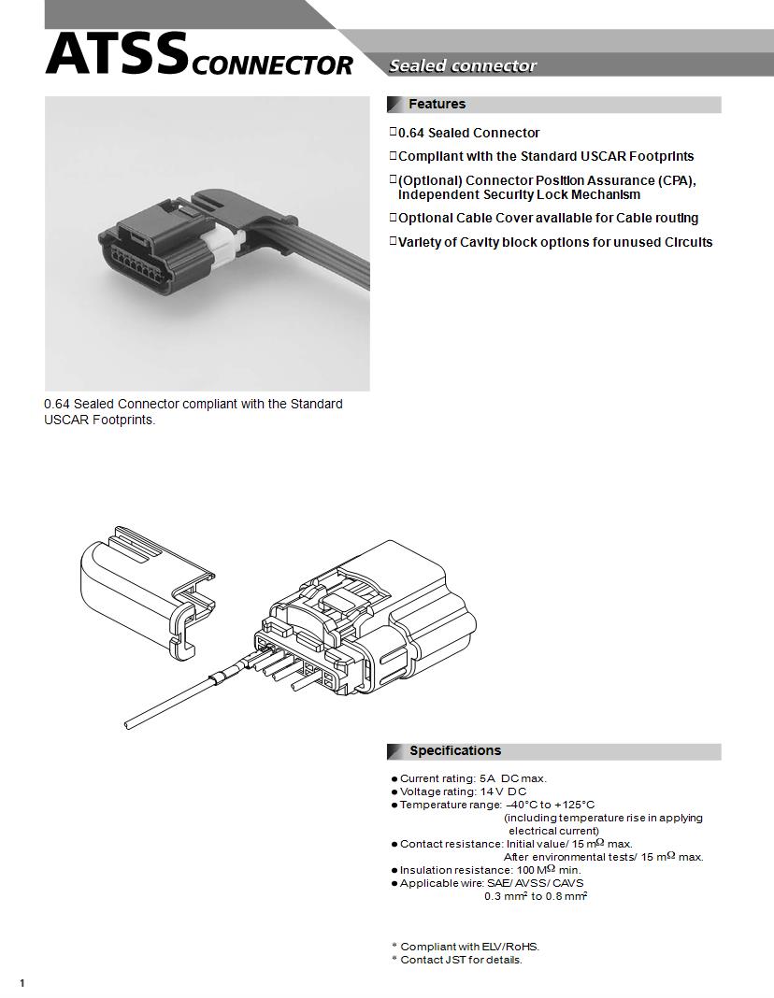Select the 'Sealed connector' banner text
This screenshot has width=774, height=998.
[x=463, y=65]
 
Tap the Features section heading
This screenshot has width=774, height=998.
[x=437, y=104]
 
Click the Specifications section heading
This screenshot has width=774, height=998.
[x=454, y=750]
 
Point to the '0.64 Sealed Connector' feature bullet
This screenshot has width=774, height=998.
[x=468, y=133]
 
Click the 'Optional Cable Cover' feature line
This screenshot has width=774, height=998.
[x=548, y=218]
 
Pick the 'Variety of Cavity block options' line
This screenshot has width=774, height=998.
[x=555, y=242]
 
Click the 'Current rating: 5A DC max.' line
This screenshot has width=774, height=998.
[x=473, y=778]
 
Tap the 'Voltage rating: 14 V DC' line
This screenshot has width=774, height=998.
[x=463, y=791]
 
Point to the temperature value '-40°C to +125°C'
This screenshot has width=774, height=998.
[x=550, y=805]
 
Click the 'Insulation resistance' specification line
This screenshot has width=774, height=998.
[x=490, y=870]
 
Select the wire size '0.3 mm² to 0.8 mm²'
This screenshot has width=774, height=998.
[x=535, y=896]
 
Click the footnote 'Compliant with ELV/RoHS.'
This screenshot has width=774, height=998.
[x=469, y=947]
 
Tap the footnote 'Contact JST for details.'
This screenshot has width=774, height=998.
[x=461, y=960]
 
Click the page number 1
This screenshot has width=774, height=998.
[x=21, y=982]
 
